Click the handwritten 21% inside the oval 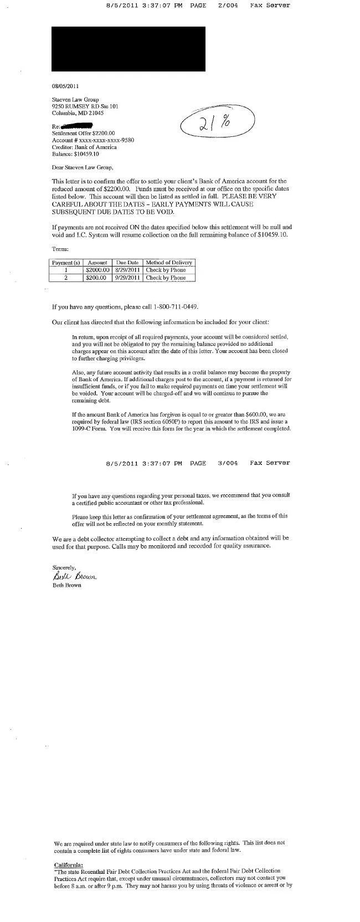[214, 124]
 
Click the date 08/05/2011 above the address [65, 86]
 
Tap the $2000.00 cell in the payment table [97, 270]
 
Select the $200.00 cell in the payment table [96, 278]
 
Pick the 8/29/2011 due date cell [127, 270]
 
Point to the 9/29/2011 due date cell [127, 278]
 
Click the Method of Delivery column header [169, 262]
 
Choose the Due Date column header [127, 262]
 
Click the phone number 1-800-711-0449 [172, 306]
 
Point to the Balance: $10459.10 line [75, 154]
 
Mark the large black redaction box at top [128, 49]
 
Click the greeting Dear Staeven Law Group [82, 167]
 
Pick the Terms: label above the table [60, 249]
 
